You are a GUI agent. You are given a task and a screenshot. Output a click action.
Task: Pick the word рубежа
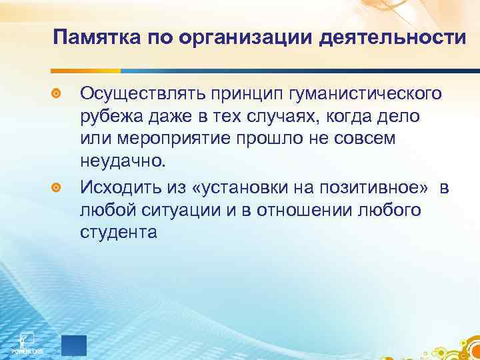pos(109,117)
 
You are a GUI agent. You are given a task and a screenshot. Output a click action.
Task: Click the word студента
pos(119,234)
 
